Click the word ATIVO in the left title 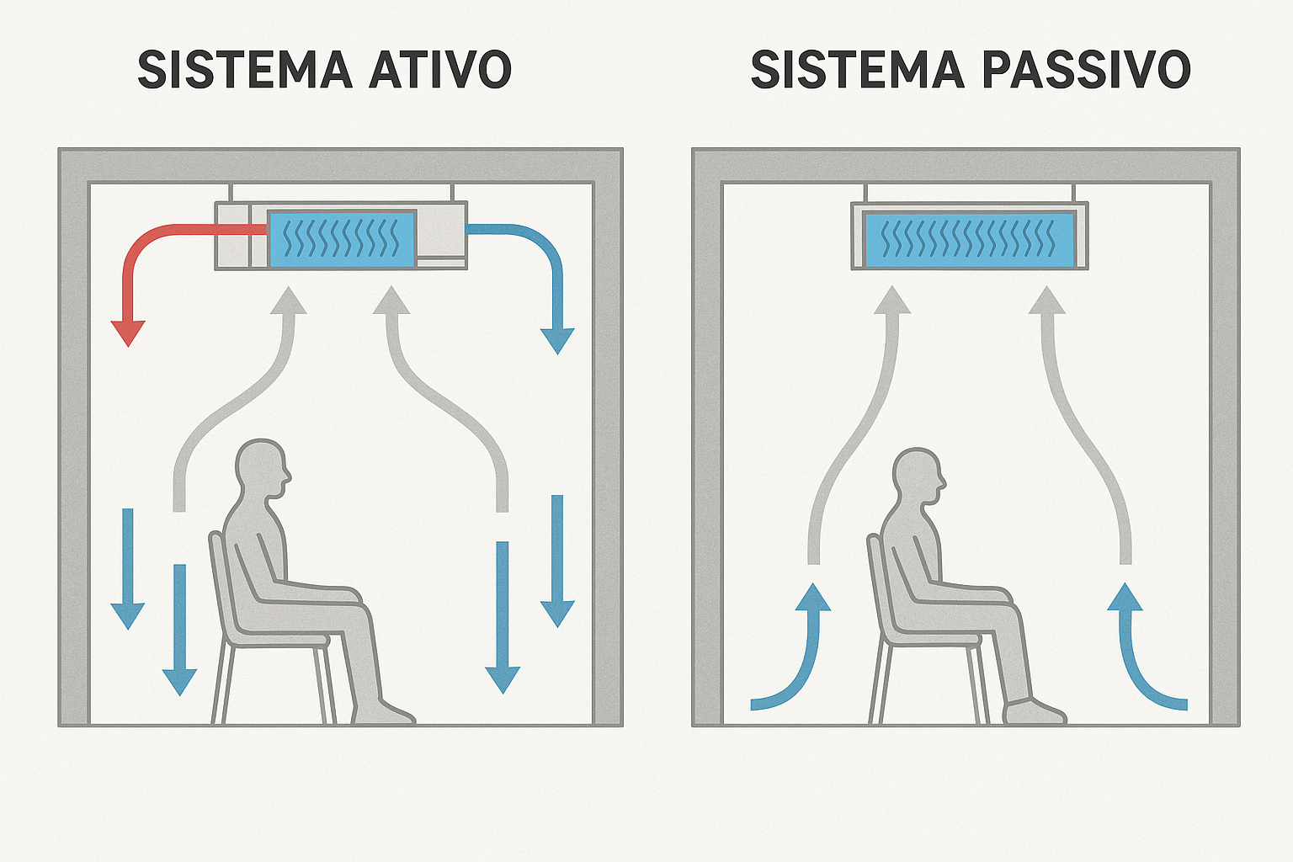[440, 70]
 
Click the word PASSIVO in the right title [1086, 70]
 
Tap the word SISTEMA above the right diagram [857, 70]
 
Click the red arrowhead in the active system [128, 333]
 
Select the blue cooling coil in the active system [341, 238]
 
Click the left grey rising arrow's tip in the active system [289, 299]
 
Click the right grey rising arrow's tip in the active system [391, 299]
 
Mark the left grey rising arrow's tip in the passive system [892, 299]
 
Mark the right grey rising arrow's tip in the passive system [1047, 299]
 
